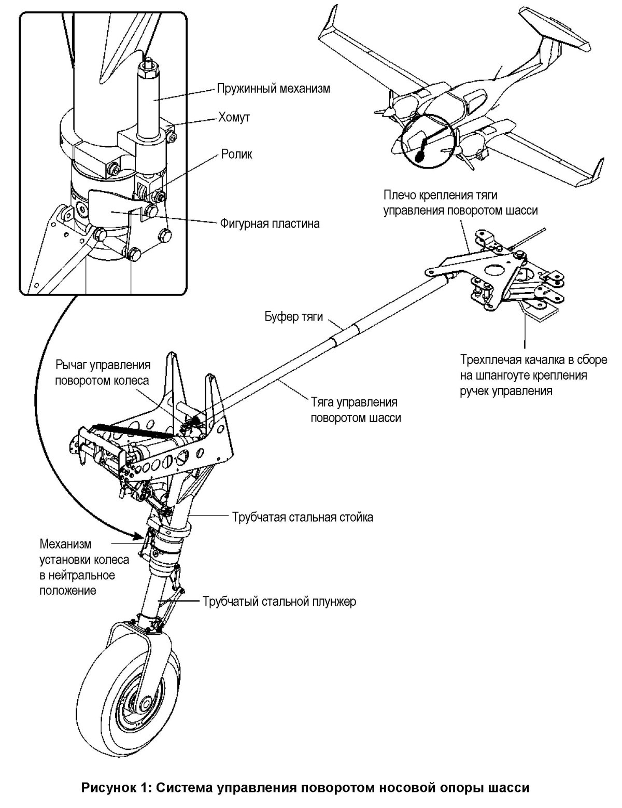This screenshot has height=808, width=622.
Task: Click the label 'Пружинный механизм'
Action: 273,88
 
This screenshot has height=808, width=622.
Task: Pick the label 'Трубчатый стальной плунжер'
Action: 279,602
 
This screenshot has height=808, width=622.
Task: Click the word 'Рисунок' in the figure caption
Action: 108,788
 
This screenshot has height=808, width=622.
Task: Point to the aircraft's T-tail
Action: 555,31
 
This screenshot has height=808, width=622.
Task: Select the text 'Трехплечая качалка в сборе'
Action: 533,360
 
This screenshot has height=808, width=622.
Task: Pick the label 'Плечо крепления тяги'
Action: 441,196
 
